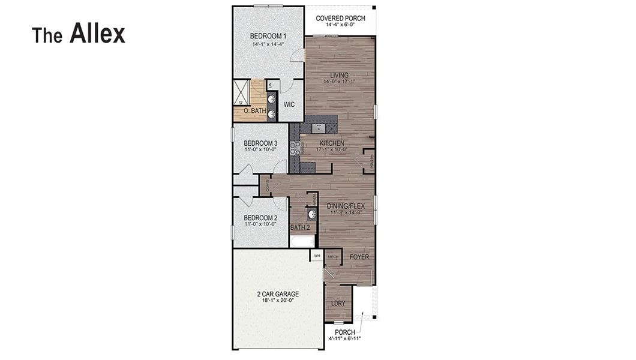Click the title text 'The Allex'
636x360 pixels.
(x=79, y=34)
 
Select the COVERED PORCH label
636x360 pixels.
(x=340, y=19)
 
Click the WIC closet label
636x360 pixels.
(x=289, y=104)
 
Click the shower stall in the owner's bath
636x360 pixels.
(x=241, y=93)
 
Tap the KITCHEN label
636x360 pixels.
(x=332, y=143)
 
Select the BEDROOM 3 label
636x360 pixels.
(x=260, y=143)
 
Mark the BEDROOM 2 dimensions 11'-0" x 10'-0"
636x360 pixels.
(x=260, y=224)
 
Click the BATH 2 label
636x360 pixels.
(x=300, y=227)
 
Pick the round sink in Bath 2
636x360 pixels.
(x=311, y=214)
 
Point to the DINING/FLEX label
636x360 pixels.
(x=346, y=206)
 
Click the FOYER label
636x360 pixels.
(x=359, y=257)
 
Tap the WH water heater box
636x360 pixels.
(x=317, y=256)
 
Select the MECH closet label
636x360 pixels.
(x=333, y=257)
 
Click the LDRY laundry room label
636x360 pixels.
(x=338, y=304)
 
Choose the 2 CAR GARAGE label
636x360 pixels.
(x=277, y=294)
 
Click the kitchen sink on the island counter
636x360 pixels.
(x=319, y=127)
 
